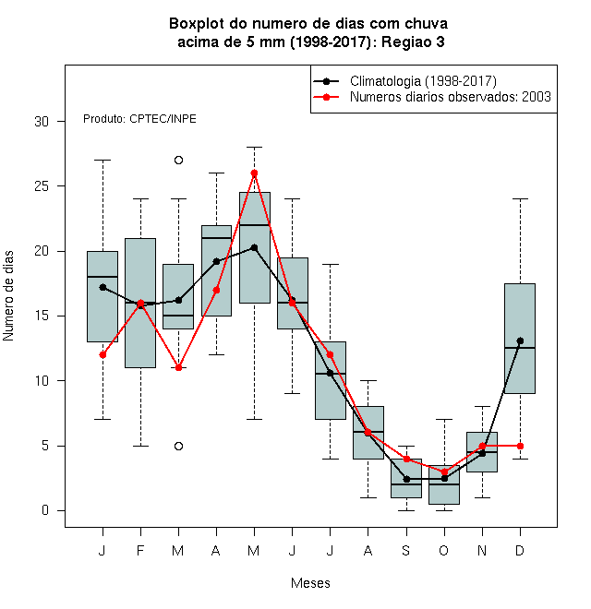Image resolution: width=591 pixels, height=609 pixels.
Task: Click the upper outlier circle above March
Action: [x=178, y=160]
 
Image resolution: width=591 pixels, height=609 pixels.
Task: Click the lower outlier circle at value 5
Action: [x=178, y=446]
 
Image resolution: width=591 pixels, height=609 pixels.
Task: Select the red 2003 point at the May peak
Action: [x=254, y=173]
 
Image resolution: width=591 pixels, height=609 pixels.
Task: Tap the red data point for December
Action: [x=520, y=446]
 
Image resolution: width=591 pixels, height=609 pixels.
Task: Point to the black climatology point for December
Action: [x=520, y=341]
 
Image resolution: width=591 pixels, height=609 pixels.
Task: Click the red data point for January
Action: [x=103, y=354]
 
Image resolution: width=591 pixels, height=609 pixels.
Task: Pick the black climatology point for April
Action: [x=217, y=261]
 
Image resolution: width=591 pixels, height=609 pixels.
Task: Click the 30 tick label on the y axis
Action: [x=42, y=122]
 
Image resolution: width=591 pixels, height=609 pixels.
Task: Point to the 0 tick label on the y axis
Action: [x=45, y=510]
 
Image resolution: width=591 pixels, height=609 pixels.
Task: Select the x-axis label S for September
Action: [x=406, y=550]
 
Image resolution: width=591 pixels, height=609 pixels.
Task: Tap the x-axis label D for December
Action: [x=520, y=550]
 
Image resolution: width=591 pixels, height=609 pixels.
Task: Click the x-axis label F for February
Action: [x=140, y=550]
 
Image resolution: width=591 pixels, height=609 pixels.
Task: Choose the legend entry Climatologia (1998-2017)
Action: [x=404, y=81]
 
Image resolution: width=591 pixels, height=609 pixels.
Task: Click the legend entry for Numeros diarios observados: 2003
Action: [x=432, y=97]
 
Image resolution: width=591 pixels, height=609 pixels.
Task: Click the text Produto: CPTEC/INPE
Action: [x=139, y=119]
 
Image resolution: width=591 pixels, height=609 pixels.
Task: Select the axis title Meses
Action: [x=310, y=583]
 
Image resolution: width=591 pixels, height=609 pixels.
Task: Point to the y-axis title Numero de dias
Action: [x=8, y=296]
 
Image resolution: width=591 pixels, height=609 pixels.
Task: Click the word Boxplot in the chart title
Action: [x=197, y=24]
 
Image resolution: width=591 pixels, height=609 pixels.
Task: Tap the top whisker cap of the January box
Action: [x=103, y=160]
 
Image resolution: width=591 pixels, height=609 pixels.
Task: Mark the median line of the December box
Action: [x=520, y=348]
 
